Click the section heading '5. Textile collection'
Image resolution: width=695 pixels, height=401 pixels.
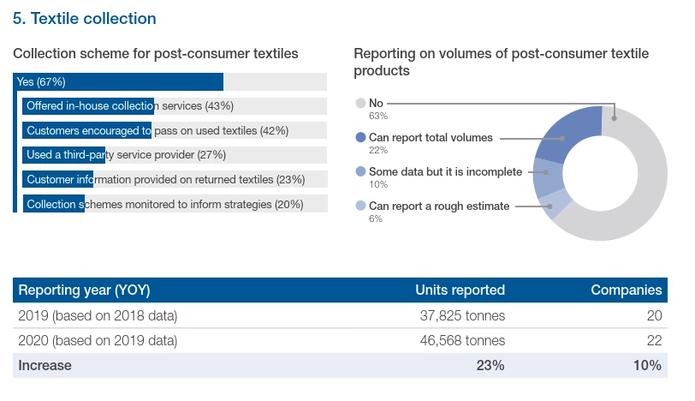click(84, 18)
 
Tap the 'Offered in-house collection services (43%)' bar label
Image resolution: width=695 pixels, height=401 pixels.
click(130, 106)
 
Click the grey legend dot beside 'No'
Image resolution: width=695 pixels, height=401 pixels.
click(360, 103)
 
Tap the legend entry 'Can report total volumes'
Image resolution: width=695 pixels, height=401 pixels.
click(431, 137)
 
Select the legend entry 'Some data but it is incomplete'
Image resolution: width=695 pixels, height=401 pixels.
click(445, 171)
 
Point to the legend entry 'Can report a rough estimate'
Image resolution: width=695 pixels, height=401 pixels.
click(439, 206)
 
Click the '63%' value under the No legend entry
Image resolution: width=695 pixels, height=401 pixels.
click(378, 116)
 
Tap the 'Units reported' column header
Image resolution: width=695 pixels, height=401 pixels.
click(460, 290)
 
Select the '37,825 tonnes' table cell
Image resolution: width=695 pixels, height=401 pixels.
click(462, 315)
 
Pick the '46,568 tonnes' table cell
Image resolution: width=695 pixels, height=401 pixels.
click(462, 340)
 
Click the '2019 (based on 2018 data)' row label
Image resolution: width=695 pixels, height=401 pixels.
click(98, 315)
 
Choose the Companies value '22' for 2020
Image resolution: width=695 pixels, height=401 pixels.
click(654, 340)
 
